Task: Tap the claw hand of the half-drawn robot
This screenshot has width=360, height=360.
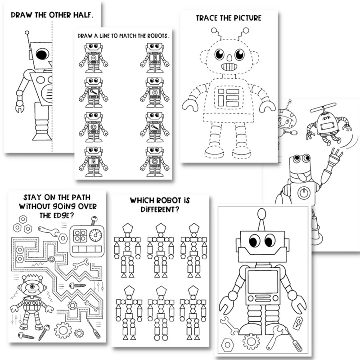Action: pos(19,108)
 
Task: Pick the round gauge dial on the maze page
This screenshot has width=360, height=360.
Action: pos(95,235)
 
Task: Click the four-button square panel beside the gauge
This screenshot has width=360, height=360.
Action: pos(81,234)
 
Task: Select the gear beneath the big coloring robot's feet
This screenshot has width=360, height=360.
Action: pos(250,341)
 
